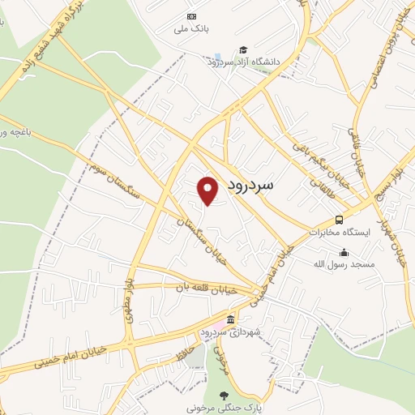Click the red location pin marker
coord(208,190)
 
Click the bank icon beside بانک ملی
coord(191,16)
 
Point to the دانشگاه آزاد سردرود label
coord(242,62)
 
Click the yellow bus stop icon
coord(339,220)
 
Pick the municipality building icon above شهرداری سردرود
coord(231,319)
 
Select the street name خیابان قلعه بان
coord(207,287)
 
